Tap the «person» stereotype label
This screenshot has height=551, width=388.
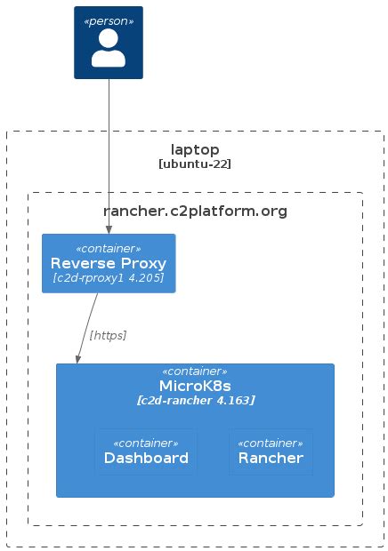(x=109, y=20)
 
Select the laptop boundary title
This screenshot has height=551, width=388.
(x=195, y=149)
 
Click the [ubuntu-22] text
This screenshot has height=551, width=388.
(x=195, y=164)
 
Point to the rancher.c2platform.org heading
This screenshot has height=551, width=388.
(x=195, y=211)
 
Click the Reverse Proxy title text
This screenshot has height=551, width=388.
(x=109, y=263)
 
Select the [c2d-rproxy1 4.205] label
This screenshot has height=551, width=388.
(x=109, y=278)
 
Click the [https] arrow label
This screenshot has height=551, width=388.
(x=108, y=335)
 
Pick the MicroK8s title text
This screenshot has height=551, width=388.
(x=195, y=386)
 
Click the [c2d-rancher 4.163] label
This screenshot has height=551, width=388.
(x=195, y=401)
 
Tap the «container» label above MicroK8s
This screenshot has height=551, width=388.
(x=195, y=371)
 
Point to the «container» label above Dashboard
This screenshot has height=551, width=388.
(x=146, y=443)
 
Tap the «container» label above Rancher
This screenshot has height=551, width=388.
(x=271, y=443)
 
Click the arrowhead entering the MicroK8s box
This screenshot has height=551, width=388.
(x=77, y=359)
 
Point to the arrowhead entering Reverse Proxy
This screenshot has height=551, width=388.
(x=109, y=229)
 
